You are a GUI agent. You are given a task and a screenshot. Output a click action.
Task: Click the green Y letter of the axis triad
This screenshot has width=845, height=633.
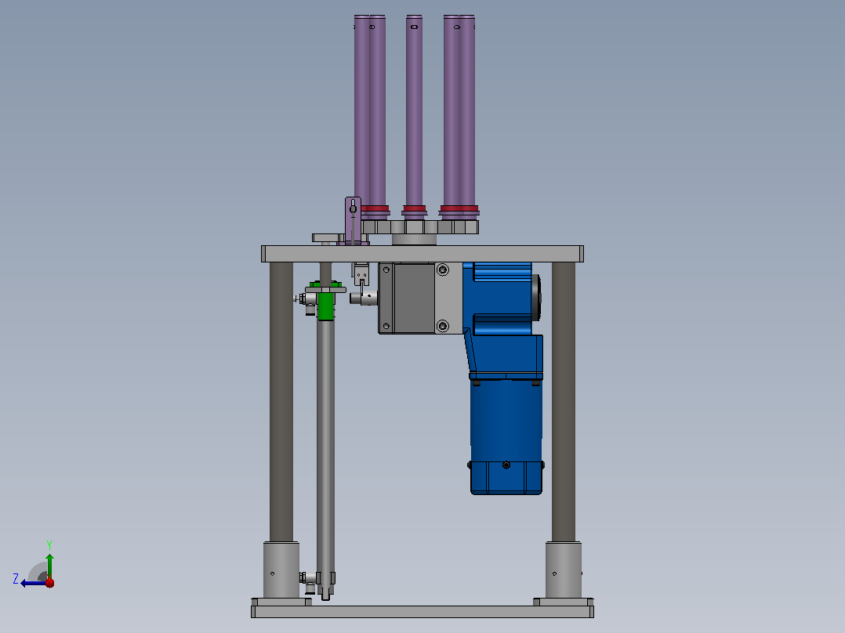49,544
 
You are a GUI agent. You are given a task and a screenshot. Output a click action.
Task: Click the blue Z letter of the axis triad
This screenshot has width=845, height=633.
16,579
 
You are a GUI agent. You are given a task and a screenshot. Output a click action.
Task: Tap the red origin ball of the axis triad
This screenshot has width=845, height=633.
49,582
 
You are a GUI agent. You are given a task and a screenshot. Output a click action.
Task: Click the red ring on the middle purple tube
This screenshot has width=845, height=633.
414,208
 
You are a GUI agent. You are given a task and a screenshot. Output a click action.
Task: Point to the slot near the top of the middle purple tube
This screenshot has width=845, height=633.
414,27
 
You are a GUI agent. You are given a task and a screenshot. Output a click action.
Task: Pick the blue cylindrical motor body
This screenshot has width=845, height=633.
506,436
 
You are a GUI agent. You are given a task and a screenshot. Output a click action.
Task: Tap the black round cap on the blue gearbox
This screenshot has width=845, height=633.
536,298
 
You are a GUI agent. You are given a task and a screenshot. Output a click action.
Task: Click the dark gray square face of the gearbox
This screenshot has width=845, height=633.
415,298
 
